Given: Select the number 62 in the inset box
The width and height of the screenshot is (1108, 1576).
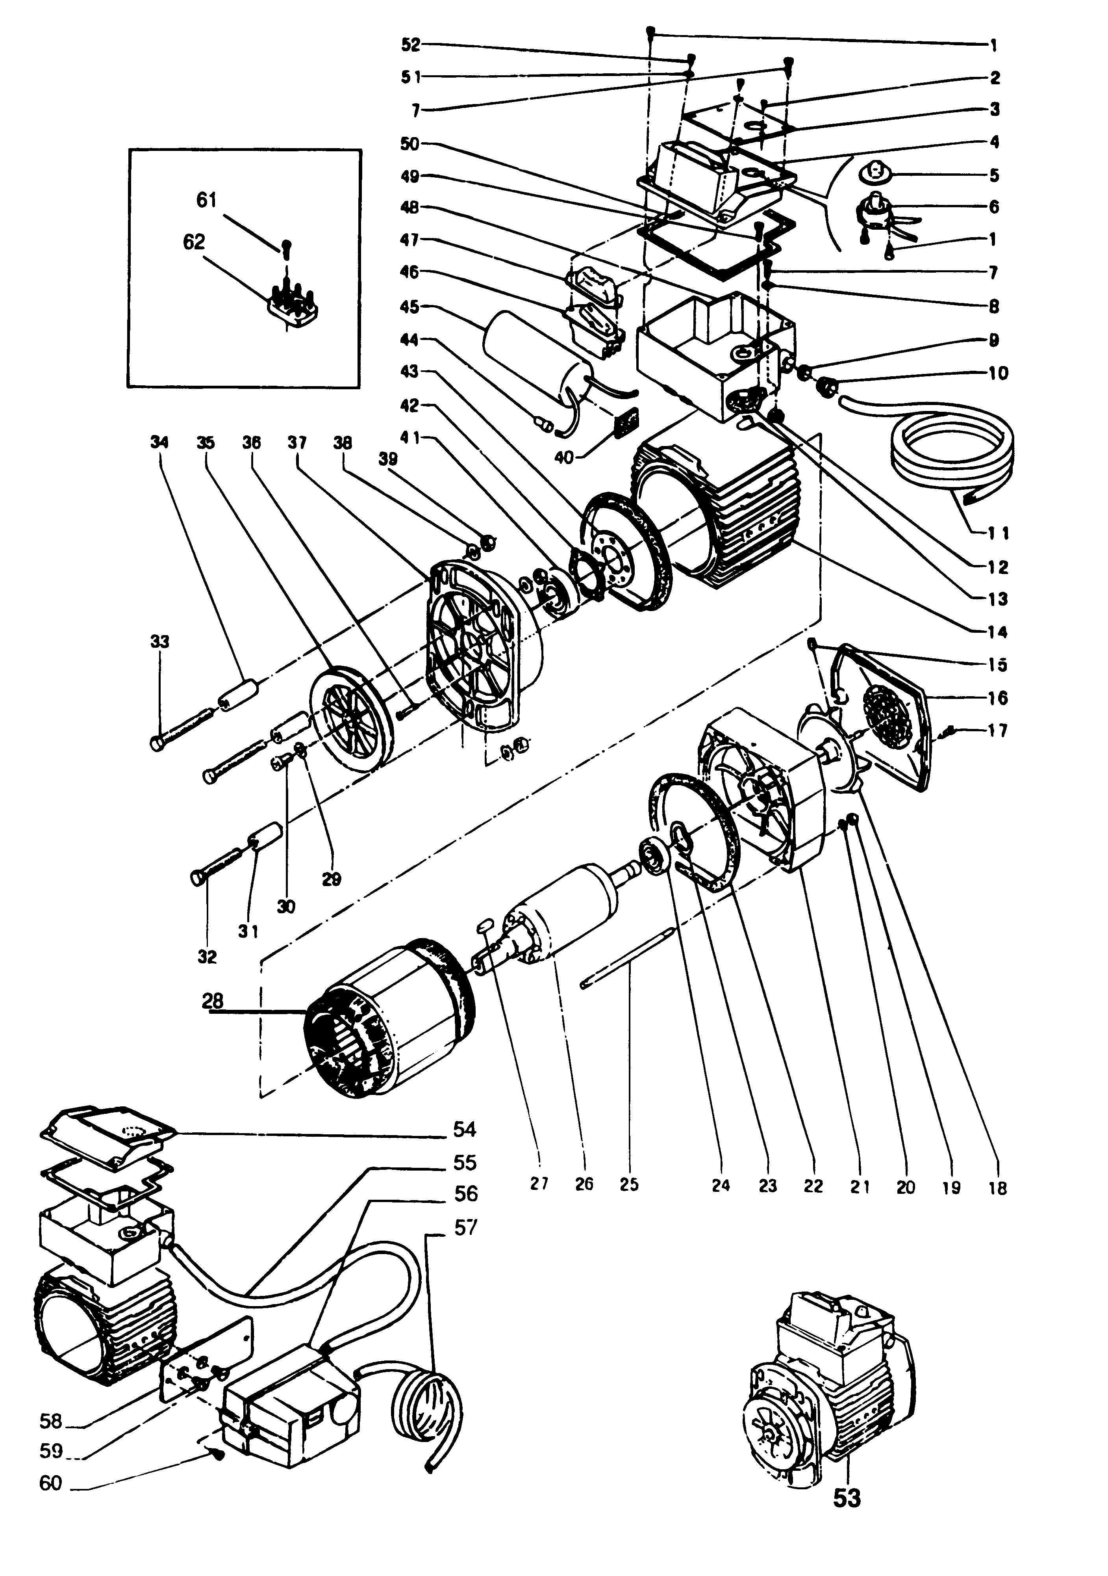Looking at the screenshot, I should tap(194, 242).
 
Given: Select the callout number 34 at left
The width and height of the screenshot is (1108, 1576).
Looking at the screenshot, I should tap(159, 443).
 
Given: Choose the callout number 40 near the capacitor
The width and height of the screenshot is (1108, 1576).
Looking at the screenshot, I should tap(563, 457).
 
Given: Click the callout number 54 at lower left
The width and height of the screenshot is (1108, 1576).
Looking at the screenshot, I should tap(465, 1129).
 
